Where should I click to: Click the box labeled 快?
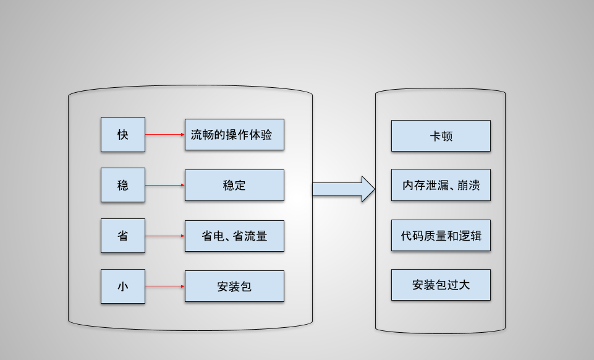pyautogui.click(x=123, y=134)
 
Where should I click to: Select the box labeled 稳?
pyautogui.click(x=123, y=185)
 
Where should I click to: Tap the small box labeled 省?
pyautogui.click(x=123, y=236)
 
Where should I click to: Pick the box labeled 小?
pyautogui.click(x=123, y=286)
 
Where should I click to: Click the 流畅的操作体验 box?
pyautogui.click(x=234, y=134)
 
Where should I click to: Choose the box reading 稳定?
pyautogui.click(x=234, y=186)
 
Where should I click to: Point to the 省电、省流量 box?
pyautogui.click(x=234, y=236)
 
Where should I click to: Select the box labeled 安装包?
pyautogui.click(x=234, y=286)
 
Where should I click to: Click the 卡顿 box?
pyautogui.click(x=441, y=135)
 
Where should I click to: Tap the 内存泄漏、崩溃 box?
pyautogui.click(x=441, y=185)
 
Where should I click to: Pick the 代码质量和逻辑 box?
pyautogui.click(x=441, y=235)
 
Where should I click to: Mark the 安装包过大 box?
pyautogui.click(x=441, y=285)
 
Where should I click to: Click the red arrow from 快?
pyautogui.click(x=165, y=134)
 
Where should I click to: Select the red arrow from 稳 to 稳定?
pyautogui.click(x=165, y=185)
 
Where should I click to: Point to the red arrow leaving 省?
pyautogui.click(x=165, y=236)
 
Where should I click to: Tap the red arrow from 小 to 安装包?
pyautogui.click(x=165, y=286)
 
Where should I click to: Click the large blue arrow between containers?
pyautogui.click(x=344, y=189)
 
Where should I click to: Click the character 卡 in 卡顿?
pyautogui.click(x=435, y=136)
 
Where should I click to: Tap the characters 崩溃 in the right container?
pyautogui.click(x=469, y=185)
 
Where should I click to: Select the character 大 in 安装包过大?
pyautogui.click(x=464, y=285)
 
